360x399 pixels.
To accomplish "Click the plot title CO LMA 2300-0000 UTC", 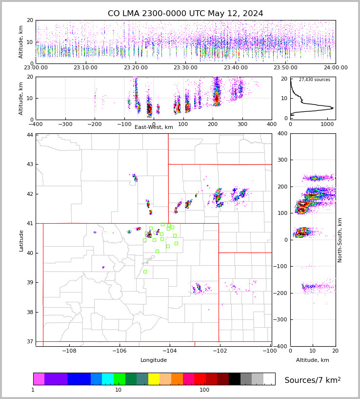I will pos(185,14).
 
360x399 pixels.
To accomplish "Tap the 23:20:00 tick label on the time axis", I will pos(136,68).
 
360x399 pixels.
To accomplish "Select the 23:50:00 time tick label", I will pos(285,68).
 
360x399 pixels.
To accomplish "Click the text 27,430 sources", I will pos(314,80).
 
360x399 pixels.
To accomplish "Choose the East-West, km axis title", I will pos(154,127).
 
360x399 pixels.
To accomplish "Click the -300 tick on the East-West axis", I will pos(65,124).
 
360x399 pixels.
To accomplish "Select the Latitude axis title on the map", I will pos(21,240).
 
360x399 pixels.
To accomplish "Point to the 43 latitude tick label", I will pos(30,164).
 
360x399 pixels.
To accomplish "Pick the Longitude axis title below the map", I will pos(154,360).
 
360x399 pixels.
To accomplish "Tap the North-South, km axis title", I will pos(340,240).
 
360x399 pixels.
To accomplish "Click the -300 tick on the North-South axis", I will pos(281,319).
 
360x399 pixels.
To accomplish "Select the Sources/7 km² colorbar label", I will pos(313,380).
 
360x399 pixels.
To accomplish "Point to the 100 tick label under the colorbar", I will pos(204,390).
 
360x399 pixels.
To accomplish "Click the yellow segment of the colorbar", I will pos(154,379).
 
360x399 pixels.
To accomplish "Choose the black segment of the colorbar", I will pos(235,379).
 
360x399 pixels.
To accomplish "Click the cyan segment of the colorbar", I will pos(108,379).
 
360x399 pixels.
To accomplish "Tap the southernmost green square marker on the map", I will pos(145,272).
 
